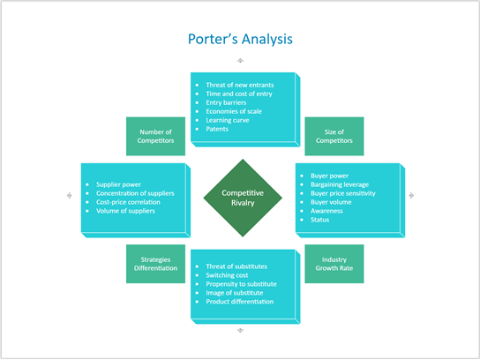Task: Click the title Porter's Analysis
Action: [239, 40]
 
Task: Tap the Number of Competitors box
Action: [155, 136]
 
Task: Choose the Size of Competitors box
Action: [334, 136]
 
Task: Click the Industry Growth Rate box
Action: [334, 264]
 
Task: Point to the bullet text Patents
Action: [217, 129]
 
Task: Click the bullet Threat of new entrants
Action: [237, 85]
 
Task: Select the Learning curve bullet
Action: [229, 120]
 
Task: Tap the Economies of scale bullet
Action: [234, 111]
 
